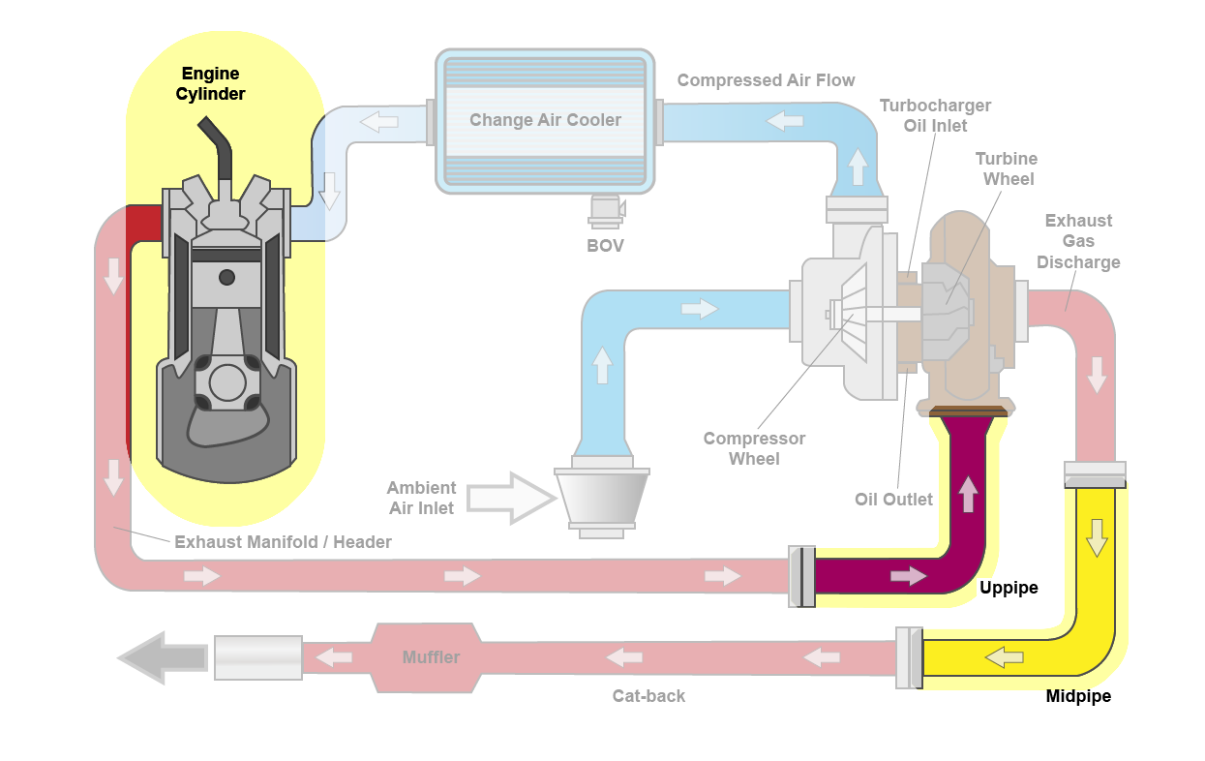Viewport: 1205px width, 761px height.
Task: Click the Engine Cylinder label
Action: [x=210, y=84]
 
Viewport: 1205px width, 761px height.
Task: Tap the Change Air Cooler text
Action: [x=545, y=120]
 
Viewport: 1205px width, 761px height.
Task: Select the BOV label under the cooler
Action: [x=605, y=246]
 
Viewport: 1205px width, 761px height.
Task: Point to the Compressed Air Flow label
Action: [x=766, y=80]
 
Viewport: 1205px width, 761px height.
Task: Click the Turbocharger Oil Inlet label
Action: [x=935, y=115]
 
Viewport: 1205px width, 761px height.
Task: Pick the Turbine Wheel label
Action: [x=1006, y=168]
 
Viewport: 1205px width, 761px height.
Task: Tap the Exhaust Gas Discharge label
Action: [x=1078, y=241]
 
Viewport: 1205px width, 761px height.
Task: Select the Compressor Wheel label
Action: [x=754, y=448]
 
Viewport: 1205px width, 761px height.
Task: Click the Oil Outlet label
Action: [x=893, y=500]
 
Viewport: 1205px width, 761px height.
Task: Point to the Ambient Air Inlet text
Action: [x=421, y=498]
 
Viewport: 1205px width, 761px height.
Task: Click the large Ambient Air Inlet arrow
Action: [x=506, y=498]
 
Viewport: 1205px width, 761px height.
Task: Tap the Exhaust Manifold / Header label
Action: [x=283, y=542]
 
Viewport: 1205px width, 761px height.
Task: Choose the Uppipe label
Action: [x=1009, y=588]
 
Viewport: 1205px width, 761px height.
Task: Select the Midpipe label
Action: [x=1078, y=696]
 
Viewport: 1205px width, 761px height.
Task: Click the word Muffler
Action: [x=431, y=657]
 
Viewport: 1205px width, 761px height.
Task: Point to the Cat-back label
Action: [x=648, y=695]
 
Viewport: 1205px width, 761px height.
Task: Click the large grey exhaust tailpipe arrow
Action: [x=161, y=658]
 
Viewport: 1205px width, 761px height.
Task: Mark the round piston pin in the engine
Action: [x=226, y=278]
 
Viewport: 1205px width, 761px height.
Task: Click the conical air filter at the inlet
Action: [x=601, y=498]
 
